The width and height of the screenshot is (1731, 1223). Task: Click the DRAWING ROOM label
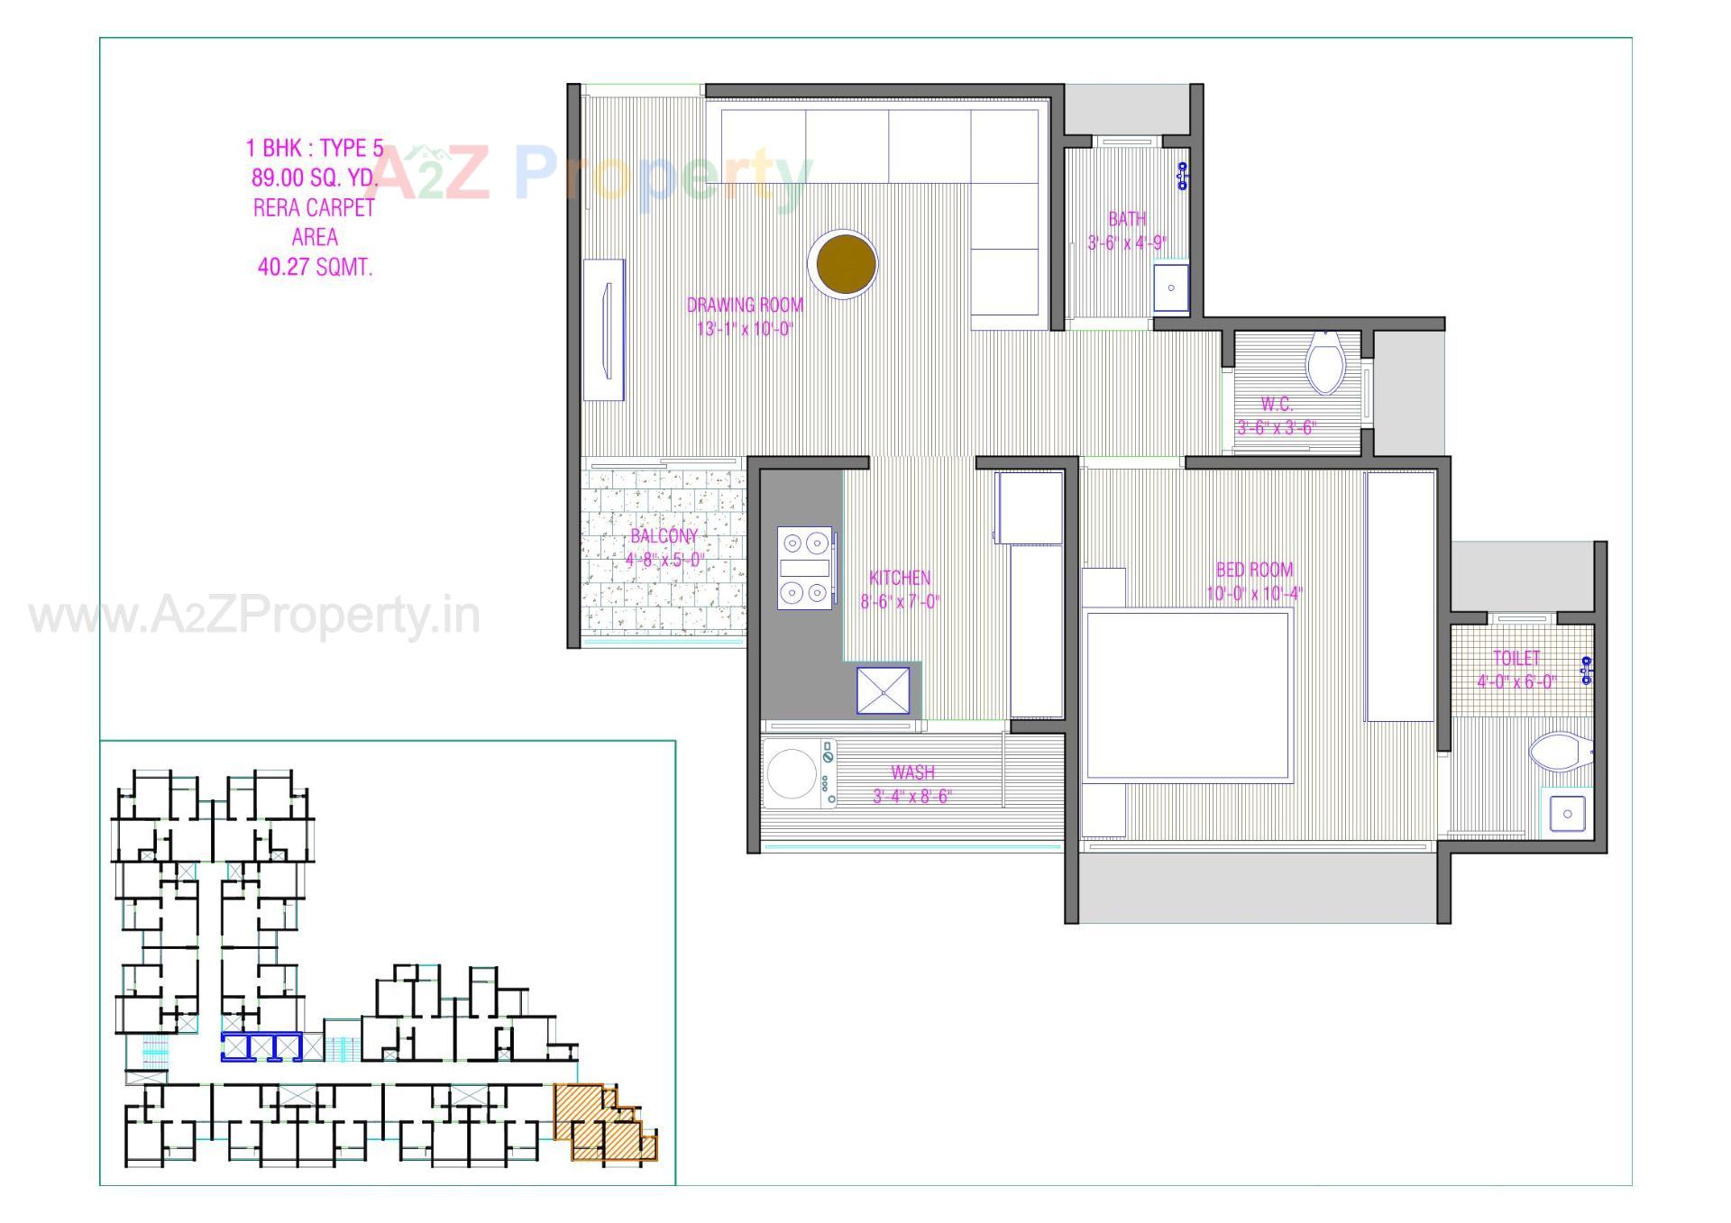[x=745, y=305]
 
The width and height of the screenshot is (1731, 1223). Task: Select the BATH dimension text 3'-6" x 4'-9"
[x=1127, y=242]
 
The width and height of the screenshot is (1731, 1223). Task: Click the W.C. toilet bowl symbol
[x=1324, y=362]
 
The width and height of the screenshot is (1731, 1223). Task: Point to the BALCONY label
[x=664, y=536]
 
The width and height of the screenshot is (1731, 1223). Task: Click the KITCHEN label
[x=900, y=578]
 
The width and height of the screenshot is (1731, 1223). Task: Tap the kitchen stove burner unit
[x=804, y=568]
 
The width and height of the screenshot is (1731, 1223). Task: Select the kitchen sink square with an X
[x=883, y=690]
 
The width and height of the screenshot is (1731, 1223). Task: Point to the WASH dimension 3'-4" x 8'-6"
[x=912, y=796]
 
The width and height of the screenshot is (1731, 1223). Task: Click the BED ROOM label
[x=1254, y=570]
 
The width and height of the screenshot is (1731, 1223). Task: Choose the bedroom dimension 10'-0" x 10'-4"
[x=1254, y=593]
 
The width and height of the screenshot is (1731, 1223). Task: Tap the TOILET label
[x=1516, y=658]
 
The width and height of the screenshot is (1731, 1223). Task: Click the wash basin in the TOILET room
[x=1568, y=814]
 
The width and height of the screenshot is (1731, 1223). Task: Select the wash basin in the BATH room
[x=1170, y=287]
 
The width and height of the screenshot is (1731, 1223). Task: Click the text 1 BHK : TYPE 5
[x=315, y=148]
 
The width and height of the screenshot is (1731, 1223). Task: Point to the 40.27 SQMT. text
[x=315, y=267]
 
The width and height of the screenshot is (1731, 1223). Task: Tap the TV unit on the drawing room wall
[x=604, y=330]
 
